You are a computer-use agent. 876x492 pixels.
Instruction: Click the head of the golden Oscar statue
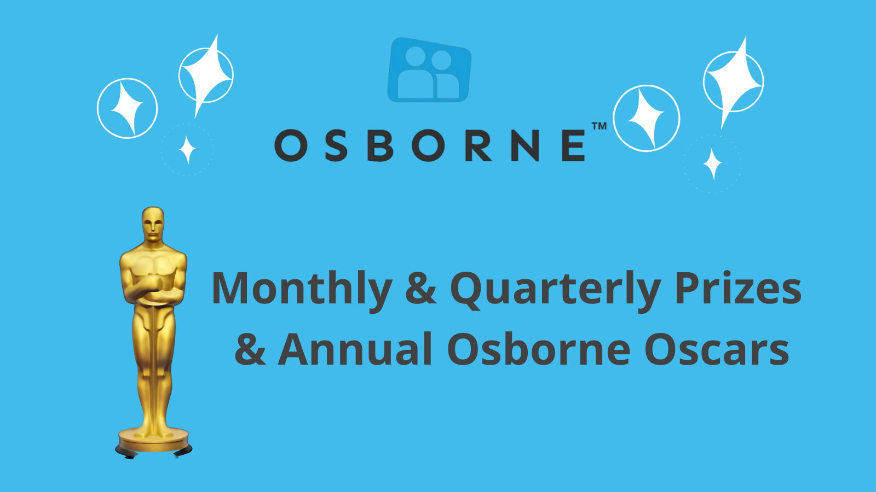[153, 225]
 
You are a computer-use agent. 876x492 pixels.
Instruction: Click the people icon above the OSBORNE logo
[429, 70]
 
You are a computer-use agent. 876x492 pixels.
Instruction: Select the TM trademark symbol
[599, 126]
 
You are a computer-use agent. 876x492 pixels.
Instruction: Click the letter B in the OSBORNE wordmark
[380, 145]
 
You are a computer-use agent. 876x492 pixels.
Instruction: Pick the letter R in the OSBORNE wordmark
[478, 145]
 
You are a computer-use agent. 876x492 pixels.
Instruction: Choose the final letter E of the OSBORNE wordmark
[573, 145]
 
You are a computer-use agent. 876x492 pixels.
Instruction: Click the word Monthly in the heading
[302, 290]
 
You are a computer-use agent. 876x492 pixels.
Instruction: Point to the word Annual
[355, 349]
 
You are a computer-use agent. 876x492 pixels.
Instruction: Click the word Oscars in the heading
[717, 349]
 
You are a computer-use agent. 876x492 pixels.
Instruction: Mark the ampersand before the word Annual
[250, 349]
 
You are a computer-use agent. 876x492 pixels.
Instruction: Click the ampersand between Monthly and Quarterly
[421, 288]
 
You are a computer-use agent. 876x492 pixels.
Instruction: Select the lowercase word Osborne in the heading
[539, 349]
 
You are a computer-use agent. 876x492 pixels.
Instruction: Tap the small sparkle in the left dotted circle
[187, 150]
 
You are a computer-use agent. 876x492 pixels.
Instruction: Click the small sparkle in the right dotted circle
[712, 164]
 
